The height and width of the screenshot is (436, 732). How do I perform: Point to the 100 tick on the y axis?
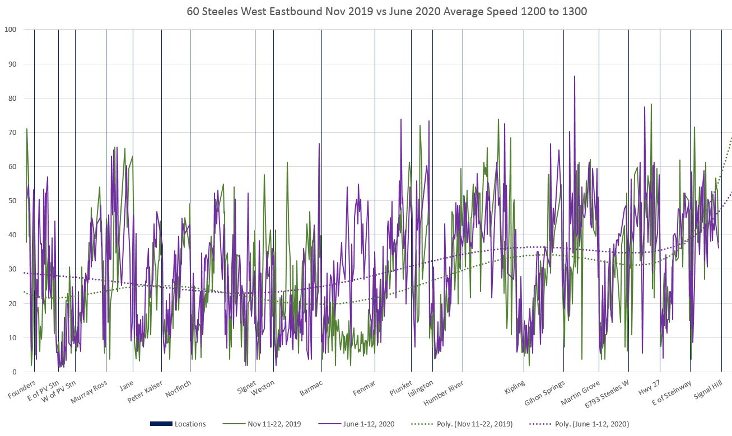point(10,30)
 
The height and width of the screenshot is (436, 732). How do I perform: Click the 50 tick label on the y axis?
point(12,201)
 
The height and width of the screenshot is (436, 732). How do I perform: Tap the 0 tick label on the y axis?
point(13,372)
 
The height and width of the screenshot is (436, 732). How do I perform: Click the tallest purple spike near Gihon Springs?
point(574,76)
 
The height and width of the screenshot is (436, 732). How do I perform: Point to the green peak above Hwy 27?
point(651,104)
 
